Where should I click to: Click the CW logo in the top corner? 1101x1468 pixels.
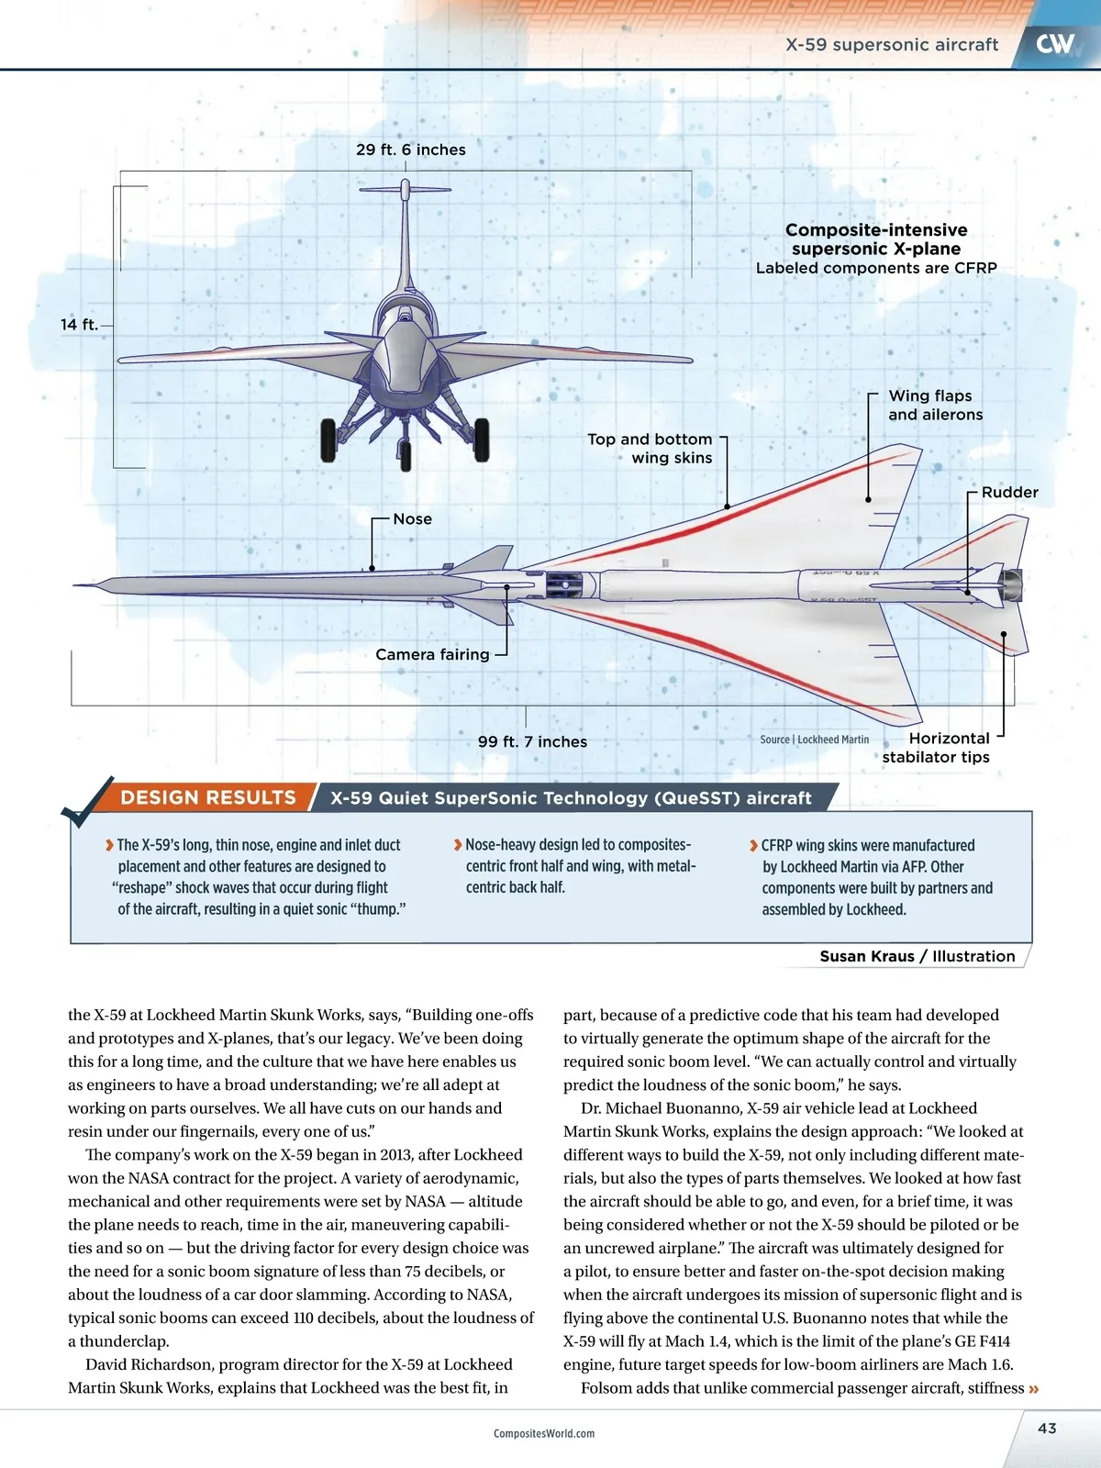[1055, 43]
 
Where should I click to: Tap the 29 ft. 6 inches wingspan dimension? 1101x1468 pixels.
[410, 150]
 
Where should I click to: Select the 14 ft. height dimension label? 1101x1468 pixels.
[79, 325]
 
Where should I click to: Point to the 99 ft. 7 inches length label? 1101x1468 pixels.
[532, 741]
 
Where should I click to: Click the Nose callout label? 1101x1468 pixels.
[412, 519]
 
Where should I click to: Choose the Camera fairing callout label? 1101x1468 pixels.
[432, 654]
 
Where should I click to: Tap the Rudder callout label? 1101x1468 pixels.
[1009, 492]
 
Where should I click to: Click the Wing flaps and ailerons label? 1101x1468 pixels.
[934, 405]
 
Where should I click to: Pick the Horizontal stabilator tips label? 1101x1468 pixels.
[937, 748]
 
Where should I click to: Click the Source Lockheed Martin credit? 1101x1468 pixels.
[814, 740]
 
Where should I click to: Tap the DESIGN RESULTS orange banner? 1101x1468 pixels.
[208, 797]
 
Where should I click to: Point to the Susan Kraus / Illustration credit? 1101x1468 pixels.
[917, 956]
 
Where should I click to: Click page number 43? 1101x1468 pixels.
[1047, 1429]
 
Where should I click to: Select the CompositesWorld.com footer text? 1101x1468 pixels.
[543, 1433]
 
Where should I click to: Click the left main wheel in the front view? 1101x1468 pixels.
[328, 439]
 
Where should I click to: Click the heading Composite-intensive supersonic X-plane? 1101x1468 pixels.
[876, 239]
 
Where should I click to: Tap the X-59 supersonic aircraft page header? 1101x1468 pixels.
[891, 45]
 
